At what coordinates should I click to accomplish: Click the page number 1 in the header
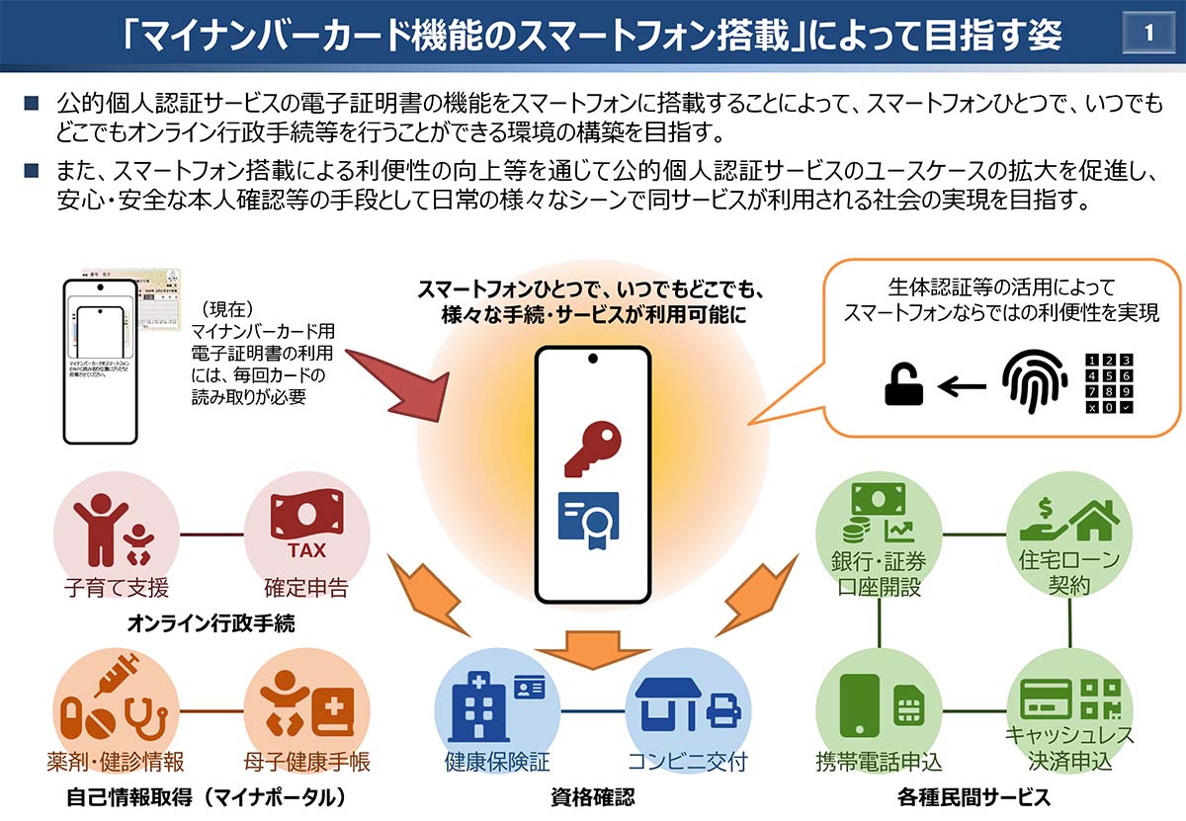1148,33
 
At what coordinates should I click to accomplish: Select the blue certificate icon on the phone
588,521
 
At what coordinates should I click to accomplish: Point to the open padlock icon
902,385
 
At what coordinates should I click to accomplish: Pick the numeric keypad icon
1109,383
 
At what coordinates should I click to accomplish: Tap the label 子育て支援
116,588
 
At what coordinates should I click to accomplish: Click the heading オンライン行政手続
211,624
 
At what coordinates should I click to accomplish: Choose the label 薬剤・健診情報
116,763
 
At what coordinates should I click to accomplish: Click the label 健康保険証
496,763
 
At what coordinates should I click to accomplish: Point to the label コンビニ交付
687,763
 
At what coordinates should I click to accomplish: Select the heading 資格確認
592,797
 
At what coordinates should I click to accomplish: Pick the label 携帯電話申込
879,763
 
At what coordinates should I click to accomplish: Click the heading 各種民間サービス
974,797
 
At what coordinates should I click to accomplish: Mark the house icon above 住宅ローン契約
1091,517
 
